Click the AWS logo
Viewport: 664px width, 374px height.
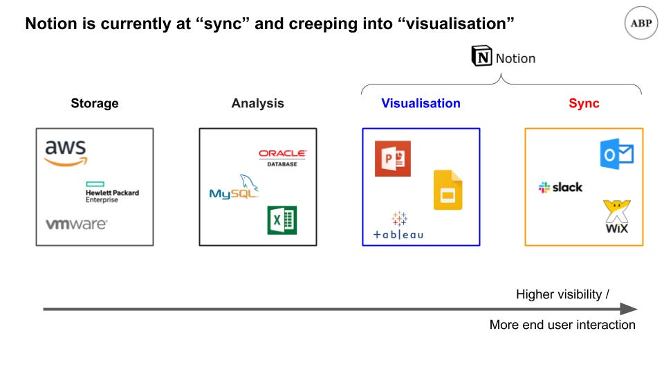[66, 153]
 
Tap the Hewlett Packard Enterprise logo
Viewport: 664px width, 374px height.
[112, 193]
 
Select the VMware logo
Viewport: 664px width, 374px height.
[77, 224]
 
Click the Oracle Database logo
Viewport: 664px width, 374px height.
[282, 158]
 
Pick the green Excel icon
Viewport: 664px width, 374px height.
[282, 220]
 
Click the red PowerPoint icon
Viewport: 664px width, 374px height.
[393, 159]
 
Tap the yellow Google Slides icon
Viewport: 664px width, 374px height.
[448, 190]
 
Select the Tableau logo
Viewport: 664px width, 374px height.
[398, 226]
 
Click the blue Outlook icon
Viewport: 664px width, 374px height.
[616, 154]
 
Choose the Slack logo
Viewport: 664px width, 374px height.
[560, 187]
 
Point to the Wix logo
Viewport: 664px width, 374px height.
[617, 217]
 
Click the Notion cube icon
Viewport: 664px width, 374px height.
[482, 56]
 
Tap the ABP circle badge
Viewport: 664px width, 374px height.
[641, 23]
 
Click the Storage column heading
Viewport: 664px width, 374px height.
[95, 103]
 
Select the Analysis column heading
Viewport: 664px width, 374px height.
[257, 103]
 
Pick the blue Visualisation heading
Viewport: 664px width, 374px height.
[421, 103]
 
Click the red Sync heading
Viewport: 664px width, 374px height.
[584, 103]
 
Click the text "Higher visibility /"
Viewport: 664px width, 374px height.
[562, 294]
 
